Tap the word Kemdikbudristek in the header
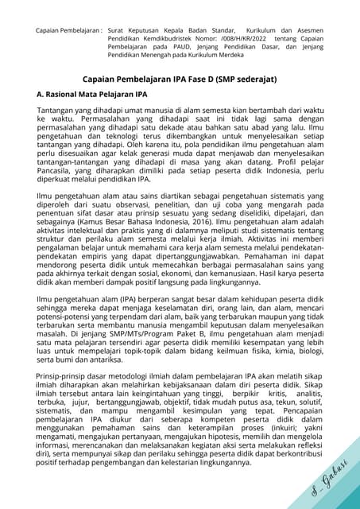(167, 38)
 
